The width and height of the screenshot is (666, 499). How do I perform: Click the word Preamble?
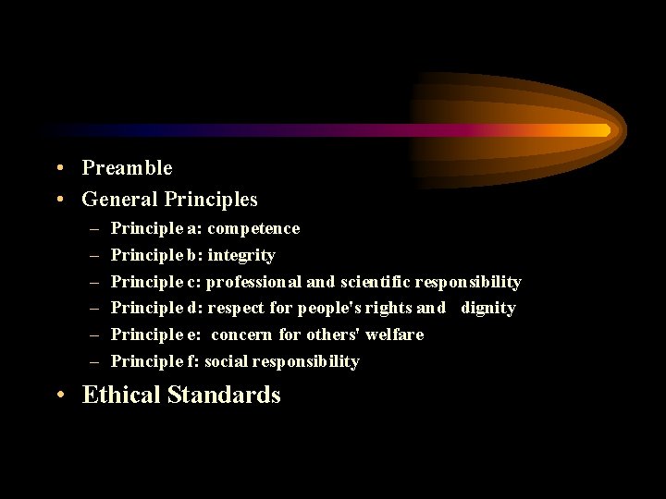(127, 168)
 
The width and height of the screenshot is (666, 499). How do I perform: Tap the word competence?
(253, 228)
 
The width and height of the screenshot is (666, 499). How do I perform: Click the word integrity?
(242, 255)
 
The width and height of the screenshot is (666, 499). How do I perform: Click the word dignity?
(488, 308)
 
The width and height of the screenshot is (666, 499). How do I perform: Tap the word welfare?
(395, 335)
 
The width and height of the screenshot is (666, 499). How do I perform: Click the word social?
(227, 361)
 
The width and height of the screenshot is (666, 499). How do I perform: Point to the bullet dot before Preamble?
(59, 168)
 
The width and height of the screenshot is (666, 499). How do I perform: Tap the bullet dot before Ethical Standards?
(59, 396)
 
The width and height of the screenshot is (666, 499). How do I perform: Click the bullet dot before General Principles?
(59, 200)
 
